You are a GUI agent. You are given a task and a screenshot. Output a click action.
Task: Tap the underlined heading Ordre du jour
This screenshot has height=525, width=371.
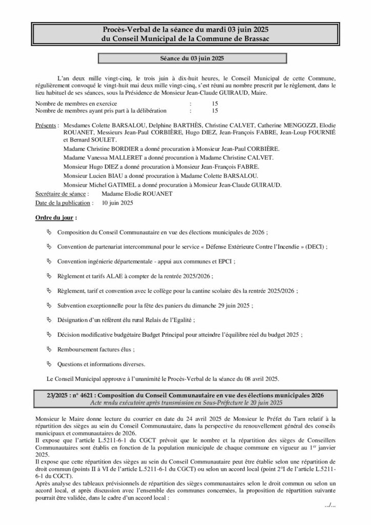tap(55, 218)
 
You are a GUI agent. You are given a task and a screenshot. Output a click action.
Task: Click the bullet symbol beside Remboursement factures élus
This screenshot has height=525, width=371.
tap(49, 349)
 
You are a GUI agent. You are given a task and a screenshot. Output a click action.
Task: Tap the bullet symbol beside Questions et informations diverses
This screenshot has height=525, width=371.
tap(49, 364)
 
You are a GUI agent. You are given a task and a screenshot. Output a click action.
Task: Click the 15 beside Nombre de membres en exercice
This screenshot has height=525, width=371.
tap(215, 103)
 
